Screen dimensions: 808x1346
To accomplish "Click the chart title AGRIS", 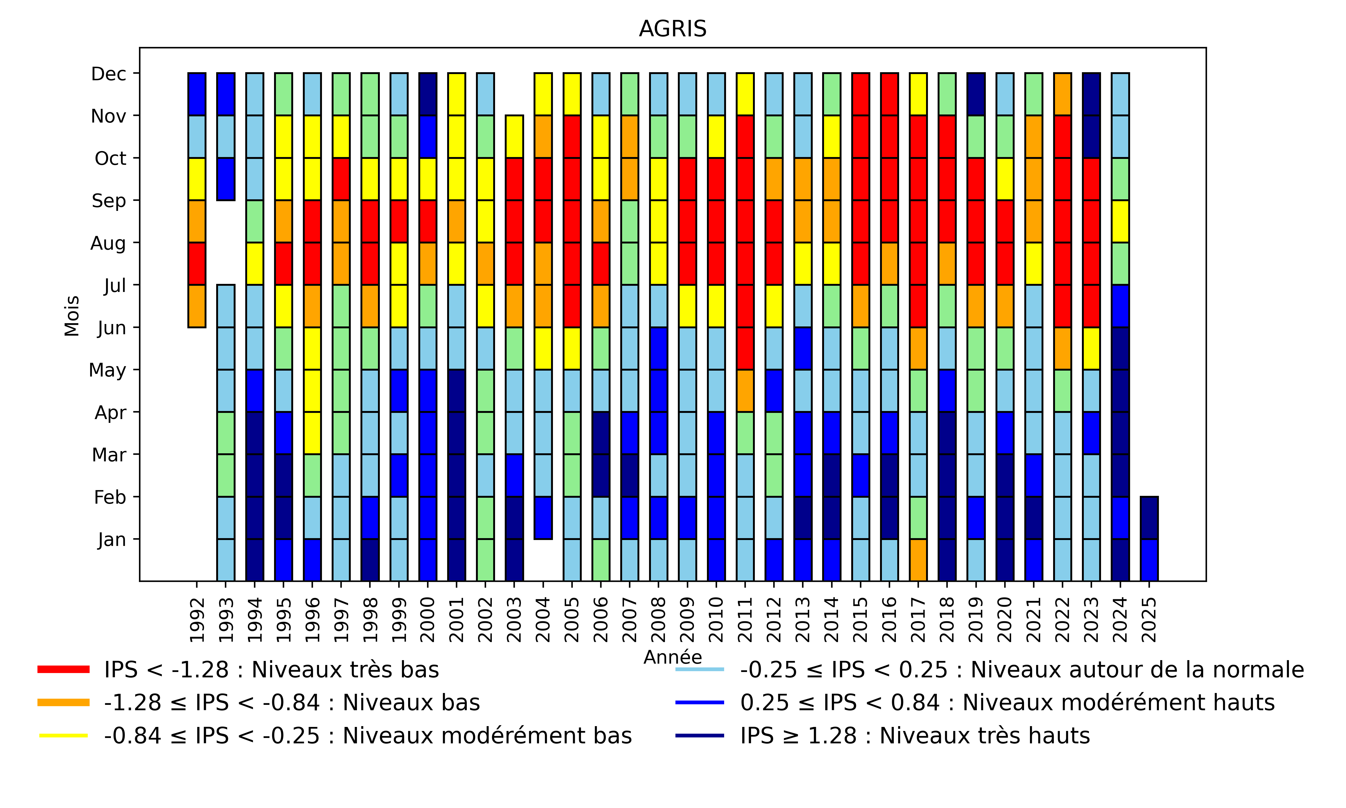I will tap(672, 29).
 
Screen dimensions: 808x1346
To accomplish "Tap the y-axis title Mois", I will tap(72, 316).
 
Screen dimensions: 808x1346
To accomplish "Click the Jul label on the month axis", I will tap(115, 285).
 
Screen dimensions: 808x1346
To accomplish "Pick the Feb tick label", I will tap(110, 497).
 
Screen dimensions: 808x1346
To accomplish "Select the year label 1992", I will tap(197, 620).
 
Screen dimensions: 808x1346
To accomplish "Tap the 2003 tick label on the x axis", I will tap(514, 620).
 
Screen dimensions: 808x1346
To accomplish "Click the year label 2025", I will tap(1149, 620).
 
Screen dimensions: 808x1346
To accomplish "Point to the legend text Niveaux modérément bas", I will tap(368, 736).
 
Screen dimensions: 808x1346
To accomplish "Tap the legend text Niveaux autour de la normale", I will tap(1022, 669).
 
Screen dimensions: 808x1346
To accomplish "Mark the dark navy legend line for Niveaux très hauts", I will tap(700, 736).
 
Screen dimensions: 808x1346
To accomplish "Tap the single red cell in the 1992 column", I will tap(197, 263).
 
